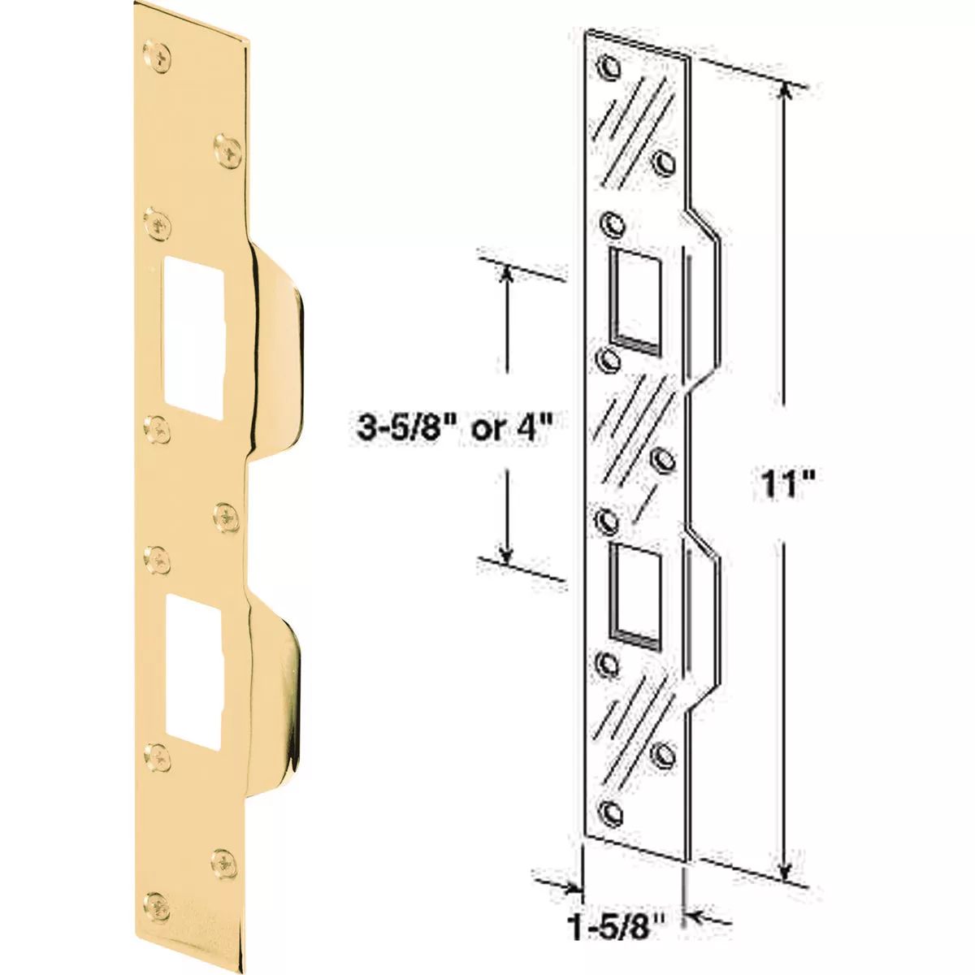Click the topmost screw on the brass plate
157,58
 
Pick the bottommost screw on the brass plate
157,901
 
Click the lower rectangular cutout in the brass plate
193,670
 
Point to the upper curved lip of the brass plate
280,349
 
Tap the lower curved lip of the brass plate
280,682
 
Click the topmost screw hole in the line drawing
609,69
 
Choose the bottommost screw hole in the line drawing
609,809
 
